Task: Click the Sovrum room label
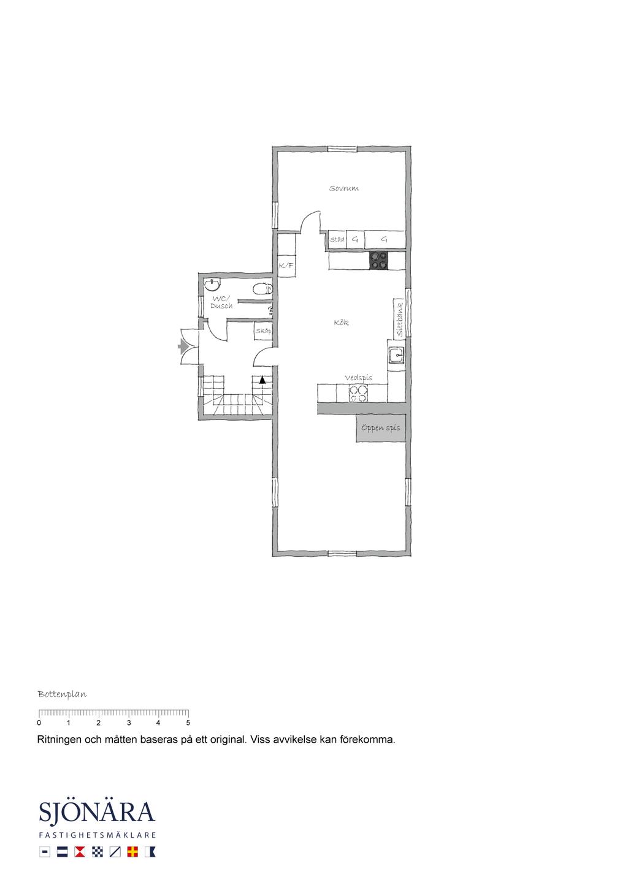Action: click(343, 188)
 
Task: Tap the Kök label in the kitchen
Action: click(342, 323)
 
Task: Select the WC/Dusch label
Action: click(221, 302)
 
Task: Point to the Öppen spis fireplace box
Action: click(381, 428)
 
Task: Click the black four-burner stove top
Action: click(378, 261)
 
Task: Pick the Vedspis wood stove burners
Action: click(358, 393)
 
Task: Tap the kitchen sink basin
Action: click(396, 355)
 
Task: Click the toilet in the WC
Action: click(262, 289)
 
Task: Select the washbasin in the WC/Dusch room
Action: click(213, 283)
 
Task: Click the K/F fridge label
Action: click(286, 265)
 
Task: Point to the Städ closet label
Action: click(337, 239)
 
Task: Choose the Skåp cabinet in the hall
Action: click(263, 331)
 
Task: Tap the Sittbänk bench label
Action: click(400, 320)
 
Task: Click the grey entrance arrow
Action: click(183, 347)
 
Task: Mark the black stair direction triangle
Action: click(262, 380)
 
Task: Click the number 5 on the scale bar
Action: click(188, 722)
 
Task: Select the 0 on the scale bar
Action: click(39, 722)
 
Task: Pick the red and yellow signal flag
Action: click(132, 852)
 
